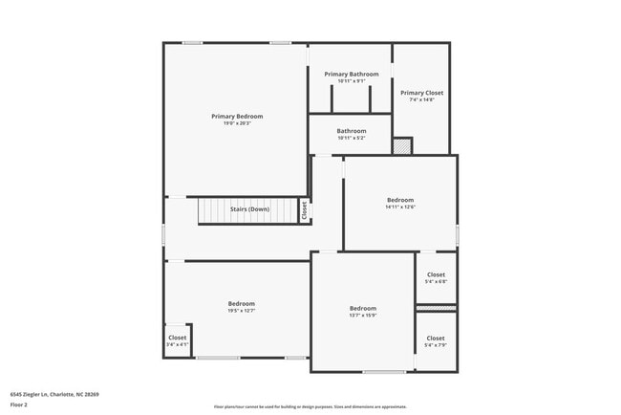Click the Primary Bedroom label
click(x=237, y=116)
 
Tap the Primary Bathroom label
click(x=351, y=74)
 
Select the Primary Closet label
click(x=421, y=93)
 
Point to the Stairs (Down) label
click(x=249, y=209)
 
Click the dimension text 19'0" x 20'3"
click(x=237, y=123)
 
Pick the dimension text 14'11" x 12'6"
click(x=400, y=207)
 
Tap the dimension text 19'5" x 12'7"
click(x=241, y=311)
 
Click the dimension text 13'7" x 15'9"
click(x=363, y=316)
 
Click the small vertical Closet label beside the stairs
click(x=304, y=210)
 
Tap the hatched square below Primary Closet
click(x=403, y=146)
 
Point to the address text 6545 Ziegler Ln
click(x=54, y=394)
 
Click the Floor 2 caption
click(x=19, y=404)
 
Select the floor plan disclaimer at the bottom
click(x=310, y=406)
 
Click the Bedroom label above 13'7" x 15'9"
click(x=363, y=308)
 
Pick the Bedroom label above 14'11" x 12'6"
click(x=400, y=199)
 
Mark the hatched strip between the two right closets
click(x=436, y=308)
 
